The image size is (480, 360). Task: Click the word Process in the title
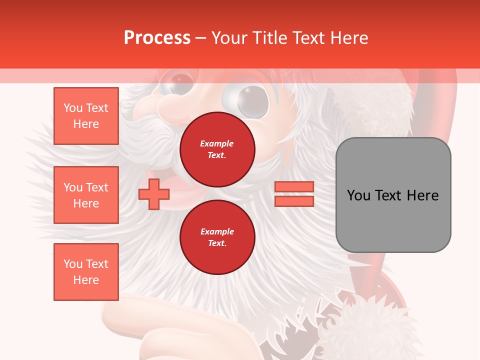click(x=157, y=38)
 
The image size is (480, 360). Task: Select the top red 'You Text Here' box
click(x=86, y=116)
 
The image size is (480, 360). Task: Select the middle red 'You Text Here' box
click(x=86, y=195)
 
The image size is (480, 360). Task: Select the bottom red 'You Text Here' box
click(x=86, y=272)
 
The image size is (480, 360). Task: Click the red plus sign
click(x=153, y=194)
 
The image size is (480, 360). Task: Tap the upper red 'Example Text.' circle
click(x=217, y=149)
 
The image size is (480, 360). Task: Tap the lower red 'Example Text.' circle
click(x=217, y=237)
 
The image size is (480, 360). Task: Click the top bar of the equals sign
click(x=294, y=187)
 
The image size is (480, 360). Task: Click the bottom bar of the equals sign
click(x=294, y=201)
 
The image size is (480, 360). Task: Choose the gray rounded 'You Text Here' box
click(x=393, y=195)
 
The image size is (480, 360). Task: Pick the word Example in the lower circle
click(x=217, y=231)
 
